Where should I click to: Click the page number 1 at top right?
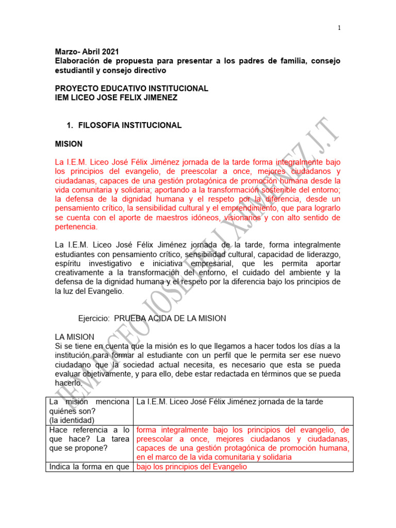339,28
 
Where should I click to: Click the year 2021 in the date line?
110,52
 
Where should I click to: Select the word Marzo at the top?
66,52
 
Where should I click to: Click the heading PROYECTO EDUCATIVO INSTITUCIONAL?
131,88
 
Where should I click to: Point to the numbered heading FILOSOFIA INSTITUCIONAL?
129,125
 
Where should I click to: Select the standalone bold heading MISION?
69,144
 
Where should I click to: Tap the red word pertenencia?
75,227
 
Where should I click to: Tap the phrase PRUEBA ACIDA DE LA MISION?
170,319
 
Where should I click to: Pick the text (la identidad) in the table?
72,420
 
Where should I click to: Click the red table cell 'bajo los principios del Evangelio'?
191,467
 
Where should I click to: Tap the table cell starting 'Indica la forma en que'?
88,467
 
